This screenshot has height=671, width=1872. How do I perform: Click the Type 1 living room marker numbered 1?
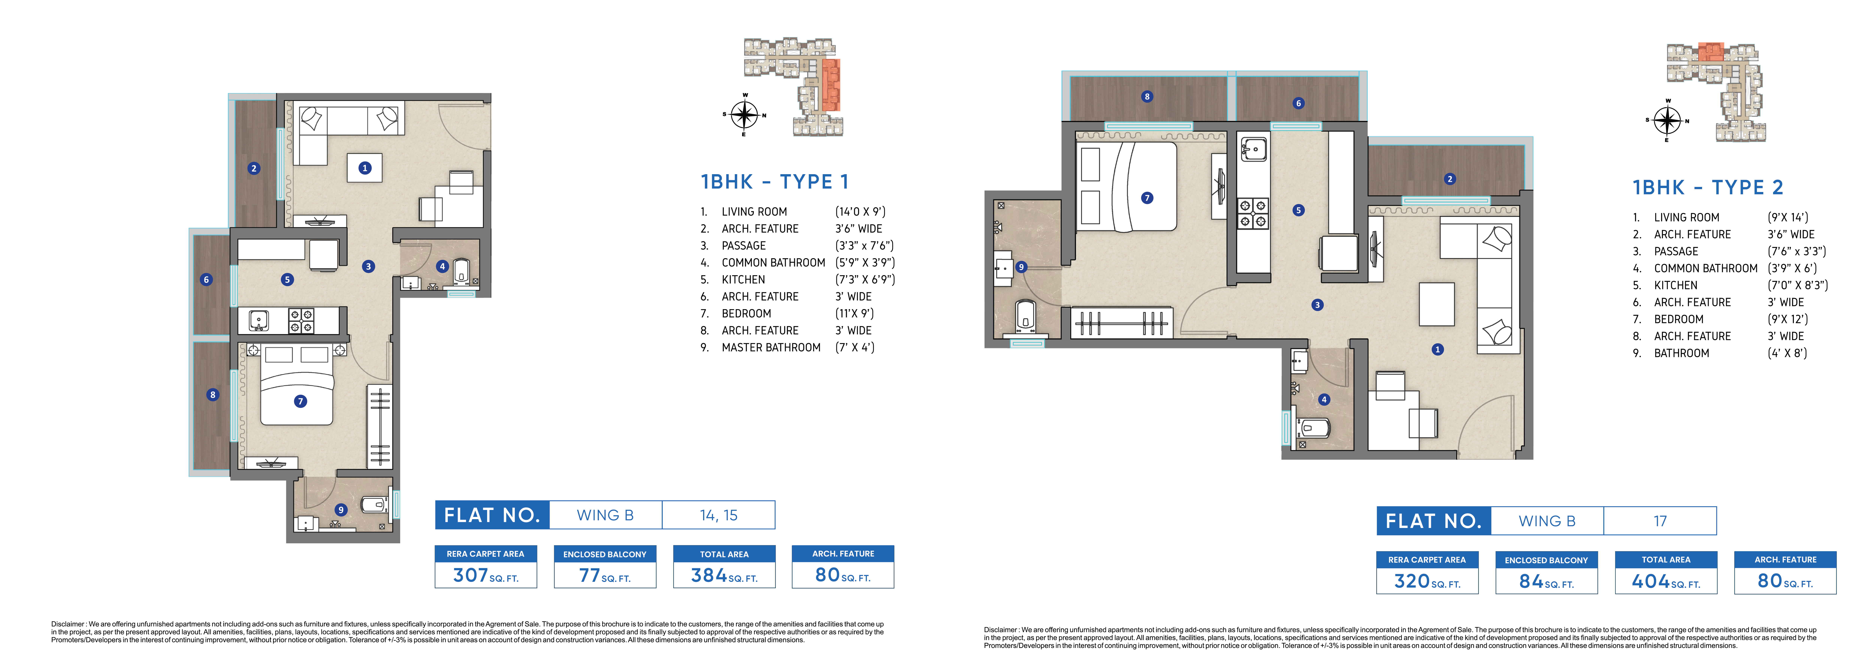click(x=365, y=168)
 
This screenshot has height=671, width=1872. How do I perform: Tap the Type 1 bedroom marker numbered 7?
click(x=300, y=401)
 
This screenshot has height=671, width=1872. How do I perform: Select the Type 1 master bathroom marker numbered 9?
click(x=341, y=510)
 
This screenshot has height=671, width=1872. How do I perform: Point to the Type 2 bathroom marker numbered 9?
click(x=1021, y=267)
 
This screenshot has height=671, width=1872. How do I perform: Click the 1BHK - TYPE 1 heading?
click(x=775, y=182)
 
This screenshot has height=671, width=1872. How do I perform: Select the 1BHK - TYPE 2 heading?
click(x=1708, y=187)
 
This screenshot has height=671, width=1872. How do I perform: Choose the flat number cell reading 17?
click(x=1660, y=520)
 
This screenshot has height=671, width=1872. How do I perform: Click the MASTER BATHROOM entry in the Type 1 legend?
click(x=771, y=347)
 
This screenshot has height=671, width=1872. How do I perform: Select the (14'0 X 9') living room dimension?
click(x=860, y=211)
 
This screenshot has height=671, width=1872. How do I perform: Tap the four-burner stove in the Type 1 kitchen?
click(x=301, y=321)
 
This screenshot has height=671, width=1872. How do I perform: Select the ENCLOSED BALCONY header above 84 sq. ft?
click(x=1546, y=560)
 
